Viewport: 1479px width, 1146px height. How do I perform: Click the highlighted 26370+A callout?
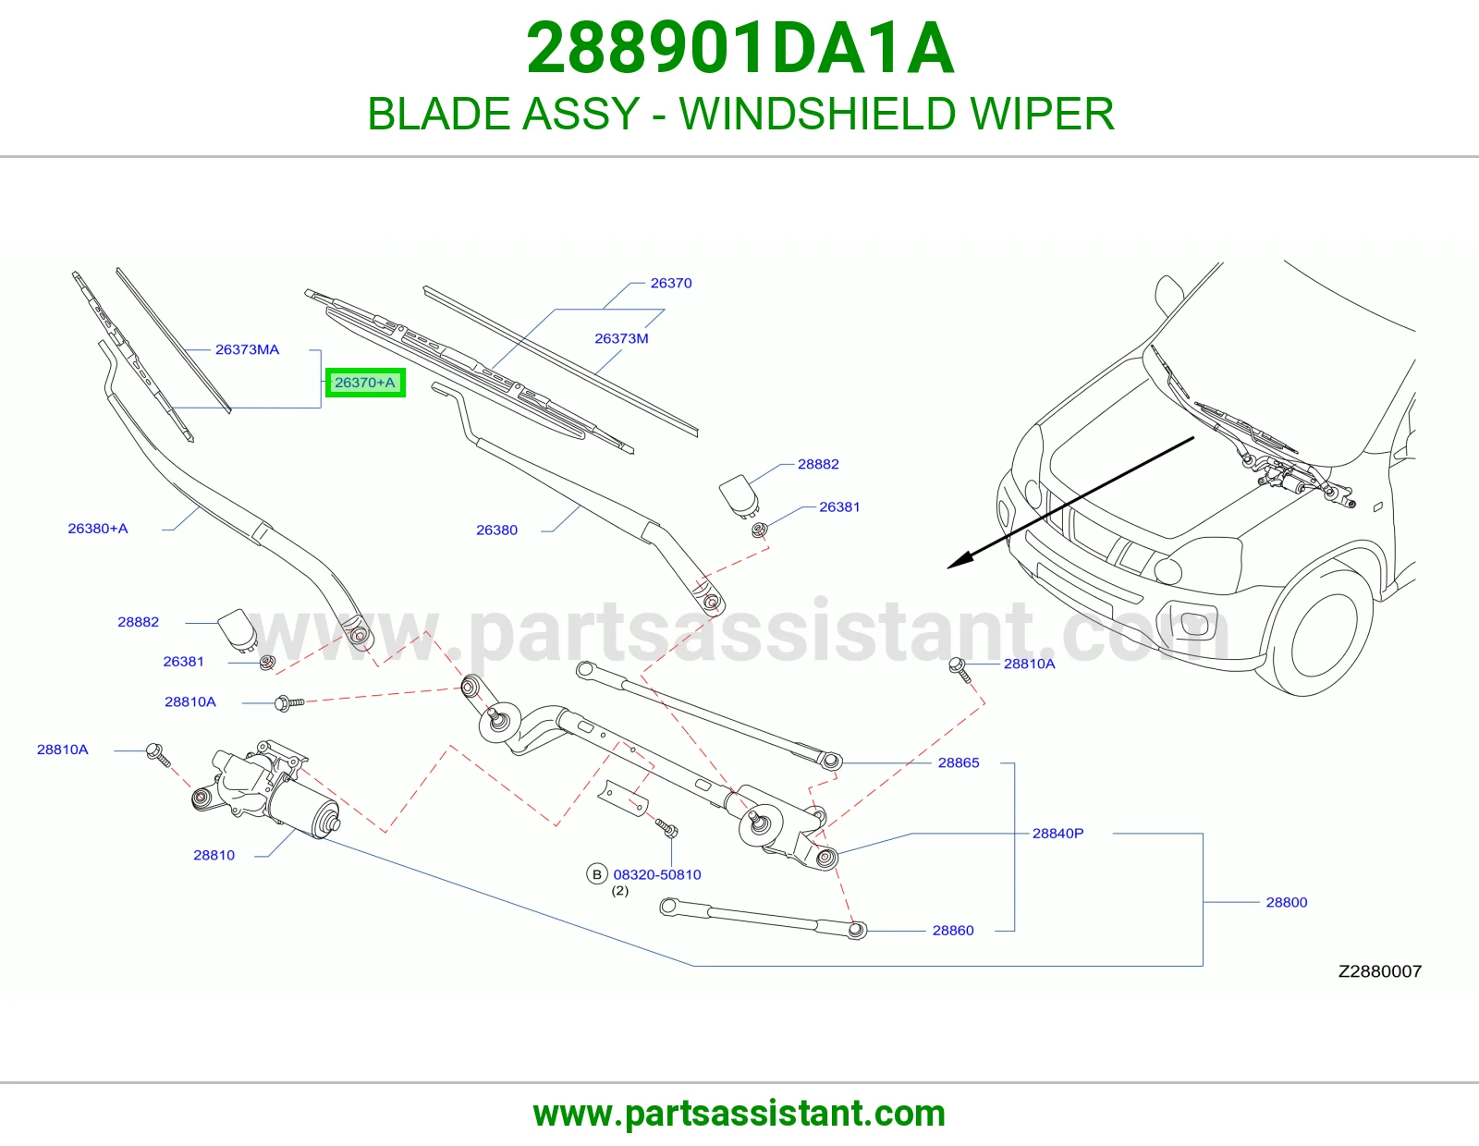coord(365,383)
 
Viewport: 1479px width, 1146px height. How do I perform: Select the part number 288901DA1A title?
coord(739,48)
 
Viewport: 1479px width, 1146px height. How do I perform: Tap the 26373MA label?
coord(247,349)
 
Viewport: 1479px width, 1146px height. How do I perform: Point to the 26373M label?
coord(621,338)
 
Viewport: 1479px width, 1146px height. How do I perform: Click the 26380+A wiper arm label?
coord(98,529)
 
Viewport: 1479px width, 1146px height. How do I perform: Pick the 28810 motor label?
coord(214,856)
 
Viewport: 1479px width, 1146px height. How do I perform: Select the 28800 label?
coord(1287,902)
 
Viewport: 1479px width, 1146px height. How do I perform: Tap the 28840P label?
coord(1057,833)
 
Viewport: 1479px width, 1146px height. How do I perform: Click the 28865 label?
coord(959,762)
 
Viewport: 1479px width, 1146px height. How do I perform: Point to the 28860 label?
coord(953,931)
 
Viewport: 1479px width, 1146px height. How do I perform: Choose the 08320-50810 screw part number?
coord(657,874)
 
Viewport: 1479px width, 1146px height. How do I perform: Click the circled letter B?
coord(597,874)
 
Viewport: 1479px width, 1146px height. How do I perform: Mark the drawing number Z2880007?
coord(1379,971)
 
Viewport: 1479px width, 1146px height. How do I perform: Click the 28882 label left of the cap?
coord(138,622)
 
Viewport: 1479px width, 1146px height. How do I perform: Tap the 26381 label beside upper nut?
coord(839,507)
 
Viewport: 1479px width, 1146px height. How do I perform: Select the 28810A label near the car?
coord(1029,664)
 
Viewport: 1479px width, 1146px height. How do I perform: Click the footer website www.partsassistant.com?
coord(739,1114)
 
